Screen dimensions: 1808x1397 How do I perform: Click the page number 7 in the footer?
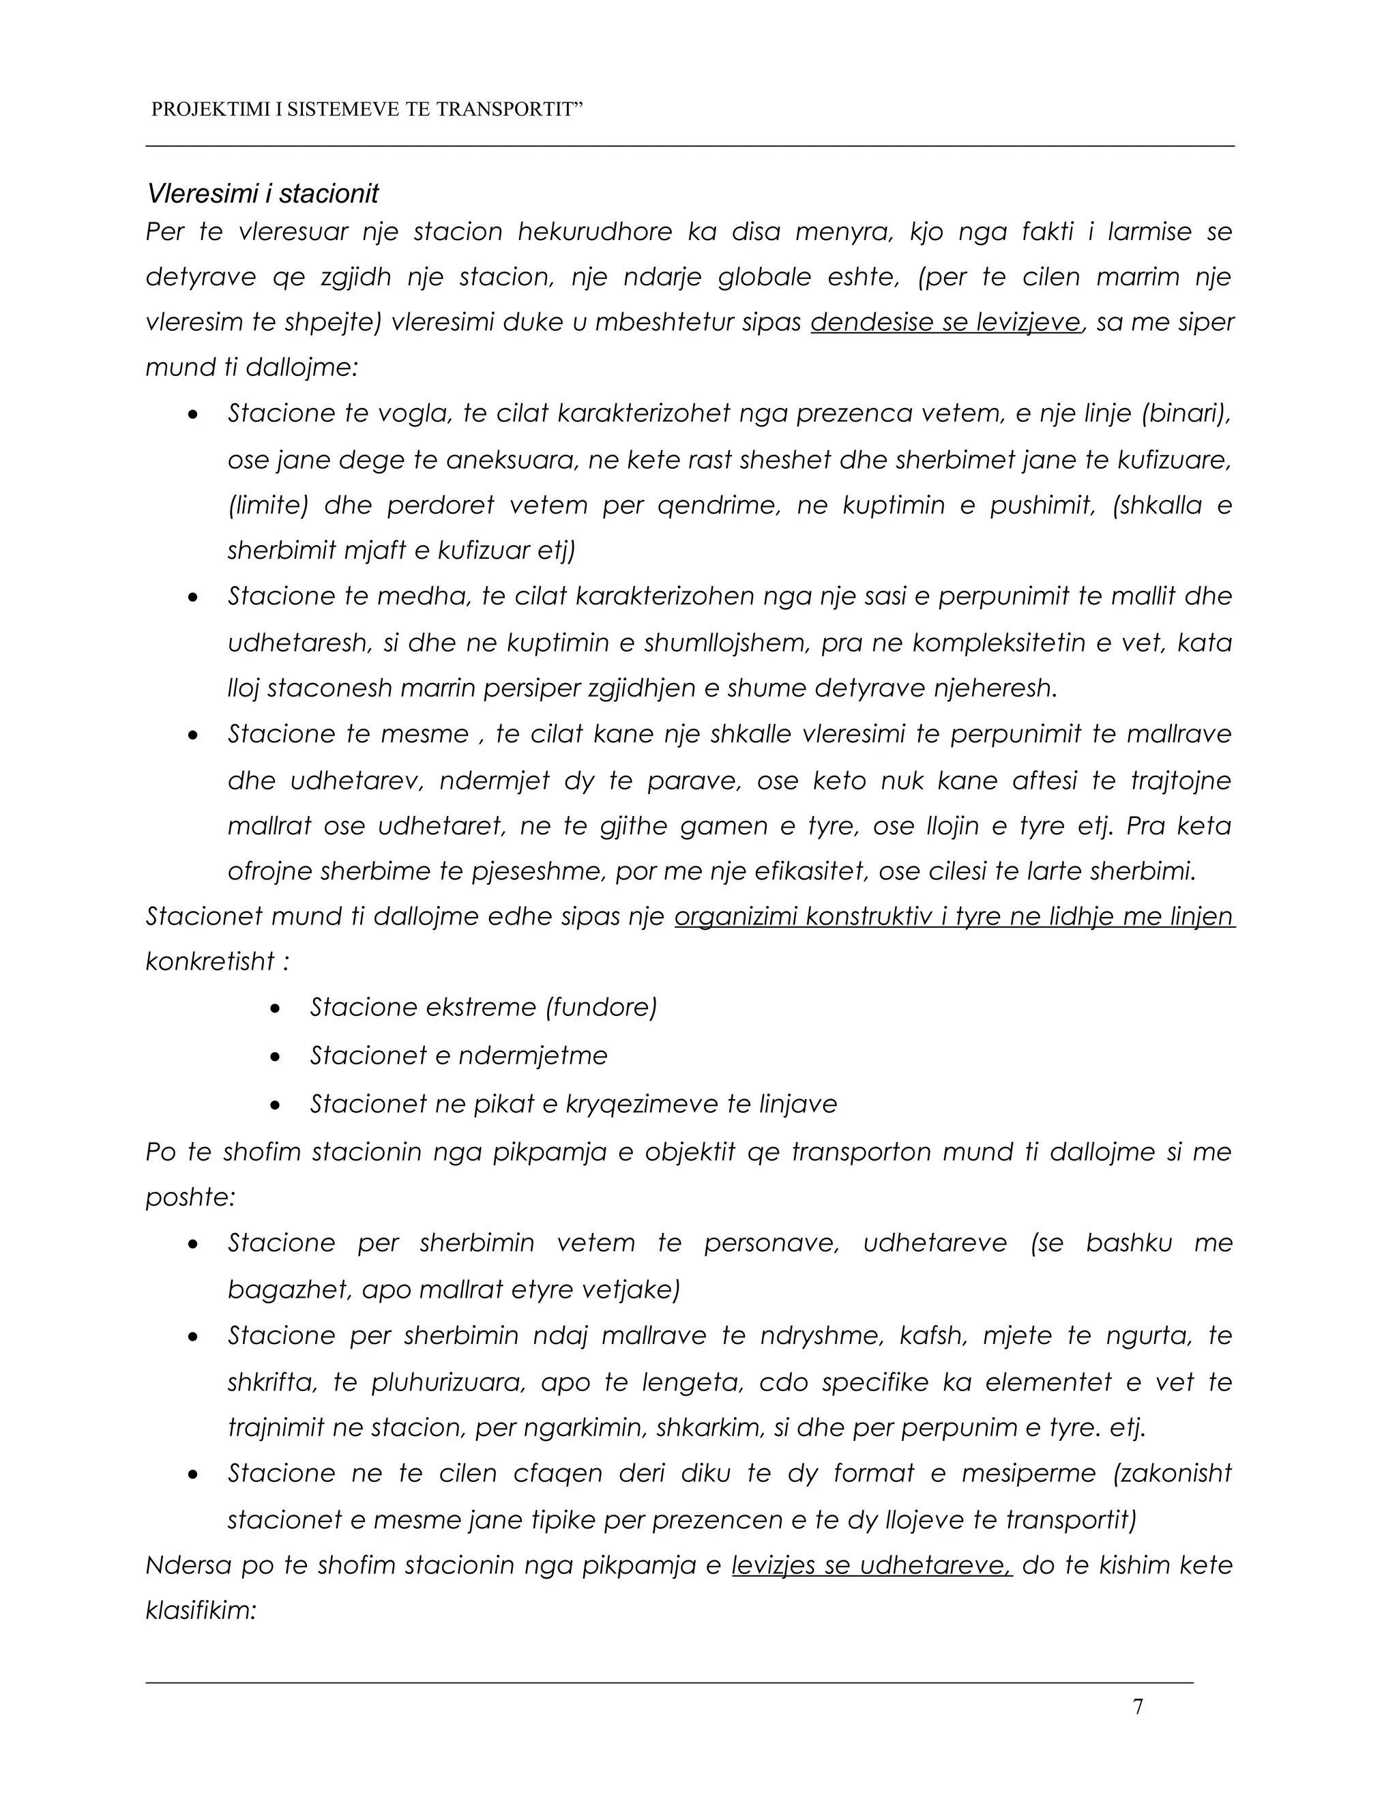(x=1138, y=1707)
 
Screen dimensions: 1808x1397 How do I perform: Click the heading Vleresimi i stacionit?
(x=263, y=194)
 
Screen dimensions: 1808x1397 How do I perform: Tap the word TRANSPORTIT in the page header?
(x=509, y=109)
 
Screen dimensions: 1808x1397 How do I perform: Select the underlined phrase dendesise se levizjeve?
(x=946, y=322)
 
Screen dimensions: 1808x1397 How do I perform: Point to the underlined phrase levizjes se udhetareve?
(x=872, y=1565)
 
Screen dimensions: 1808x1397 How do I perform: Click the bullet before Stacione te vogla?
(x=193, y=414)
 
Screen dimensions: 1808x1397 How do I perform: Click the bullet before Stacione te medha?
(x=193, y=597)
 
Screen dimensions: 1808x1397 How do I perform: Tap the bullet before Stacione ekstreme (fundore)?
(x=276, y=1008)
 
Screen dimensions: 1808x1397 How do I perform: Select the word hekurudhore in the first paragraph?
(x=595, y=232)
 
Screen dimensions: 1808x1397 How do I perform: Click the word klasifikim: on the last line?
(x=201, y=1610)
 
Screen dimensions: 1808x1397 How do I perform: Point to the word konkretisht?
(x=209, y=961)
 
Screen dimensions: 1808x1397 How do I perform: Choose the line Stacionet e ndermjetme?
(x=458, y=1055)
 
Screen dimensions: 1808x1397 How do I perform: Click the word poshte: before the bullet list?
(x=190, y=1197)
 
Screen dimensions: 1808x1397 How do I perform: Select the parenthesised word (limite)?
(x=267, y=505)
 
